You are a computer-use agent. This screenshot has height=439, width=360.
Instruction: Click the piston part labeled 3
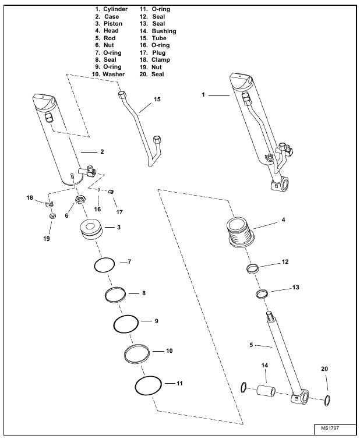(x=90, y=229)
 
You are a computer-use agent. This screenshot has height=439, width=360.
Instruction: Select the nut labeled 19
(x=52, y=216)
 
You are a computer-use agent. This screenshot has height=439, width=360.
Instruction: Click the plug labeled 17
(x=111, y=192)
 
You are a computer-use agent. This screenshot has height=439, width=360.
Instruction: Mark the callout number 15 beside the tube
(x=157, y=99)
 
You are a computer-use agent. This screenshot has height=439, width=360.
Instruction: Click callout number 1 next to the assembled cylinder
(x=203, y=95)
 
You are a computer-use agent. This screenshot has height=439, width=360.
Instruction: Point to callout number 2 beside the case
(x=102, y=151)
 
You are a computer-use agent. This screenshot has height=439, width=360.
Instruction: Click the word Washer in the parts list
(x=114, y=74)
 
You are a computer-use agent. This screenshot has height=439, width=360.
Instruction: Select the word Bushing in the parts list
(x=164, y=31)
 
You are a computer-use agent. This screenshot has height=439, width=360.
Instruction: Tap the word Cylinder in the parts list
(x=115, y=9)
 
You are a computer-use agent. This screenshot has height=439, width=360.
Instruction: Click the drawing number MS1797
(x=330, y=428)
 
